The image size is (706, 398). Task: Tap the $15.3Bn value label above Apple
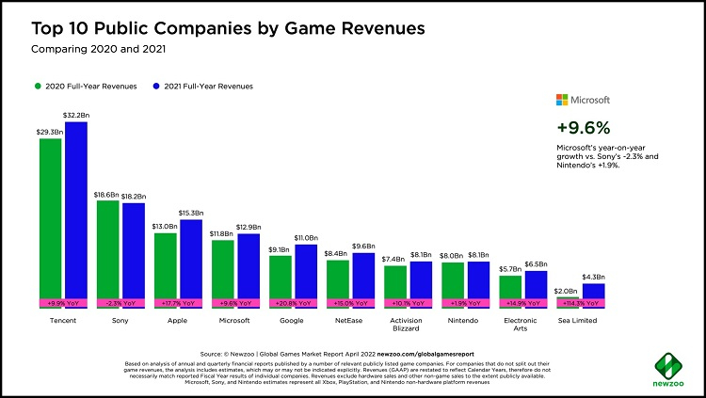pyautogui.click(x=191, y=214)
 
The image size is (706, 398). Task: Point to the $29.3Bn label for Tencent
pyautogui.click(x=50, y=133)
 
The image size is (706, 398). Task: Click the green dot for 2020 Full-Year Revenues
pyautogui.click(x=40, y=87)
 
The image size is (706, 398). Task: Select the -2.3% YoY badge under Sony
pyautogui.click(x=120, y=304)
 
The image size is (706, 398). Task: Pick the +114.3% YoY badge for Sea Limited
pyautogui.click(x=581, y=304)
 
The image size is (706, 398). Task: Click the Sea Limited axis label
pyautogui.click(x=581, y=321)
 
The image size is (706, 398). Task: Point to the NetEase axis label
pyautogui.click(x=350, y=321)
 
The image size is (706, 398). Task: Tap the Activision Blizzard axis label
pyautogui.click(x=408, y=326)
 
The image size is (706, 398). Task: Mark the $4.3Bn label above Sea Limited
pyautogui.click(x=594, y=277)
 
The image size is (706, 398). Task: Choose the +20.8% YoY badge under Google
pyautogui.click(x=293, y=304)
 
